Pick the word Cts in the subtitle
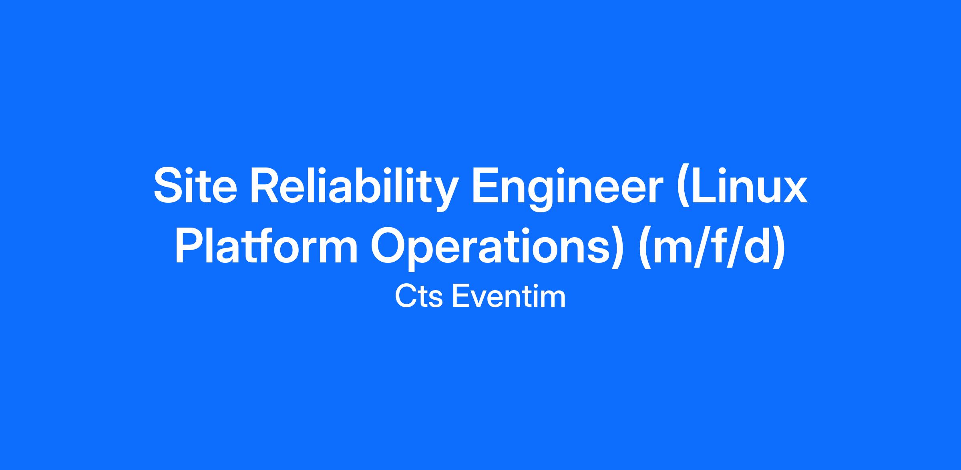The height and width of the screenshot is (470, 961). (x=418, y=297)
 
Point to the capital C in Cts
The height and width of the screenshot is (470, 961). (x=406, y=297)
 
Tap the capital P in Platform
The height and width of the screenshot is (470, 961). (x=190, y=246)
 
